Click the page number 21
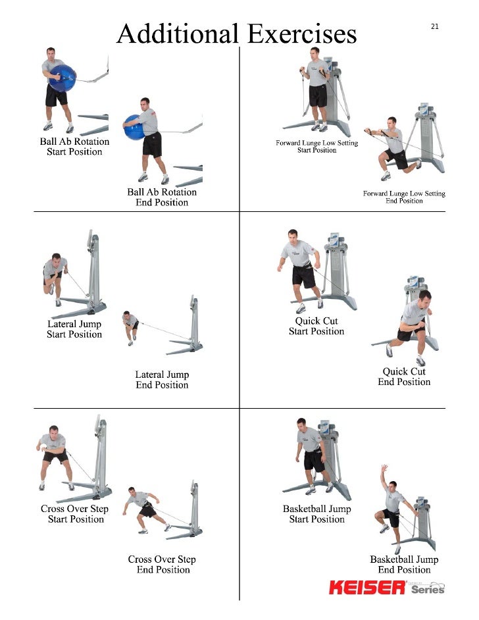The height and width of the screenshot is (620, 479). (434, 26)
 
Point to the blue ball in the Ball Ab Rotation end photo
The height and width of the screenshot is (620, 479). (135, 126)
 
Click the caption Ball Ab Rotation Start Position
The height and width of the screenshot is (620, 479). (74, 147)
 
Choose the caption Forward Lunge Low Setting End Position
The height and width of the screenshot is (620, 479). (404, 197)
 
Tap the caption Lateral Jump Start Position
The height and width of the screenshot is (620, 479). (74, 329)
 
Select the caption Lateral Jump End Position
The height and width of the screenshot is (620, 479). (162, 380)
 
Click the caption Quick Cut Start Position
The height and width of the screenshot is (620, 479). (316, 326)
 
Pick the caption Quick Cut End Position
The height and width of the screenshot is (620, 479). (404, 376)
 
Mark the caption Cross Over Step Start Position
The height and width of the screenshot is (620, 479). (74, 514)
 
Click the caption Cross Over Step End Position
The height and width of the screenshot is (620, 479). (162, 564)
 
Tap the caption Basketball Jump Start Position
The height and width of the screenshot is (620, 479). (316, 514)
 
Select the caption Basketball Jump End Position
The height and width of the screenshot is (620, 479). (404, 564)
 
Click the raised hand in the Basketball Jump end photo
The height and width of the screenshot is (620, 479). (384, 469)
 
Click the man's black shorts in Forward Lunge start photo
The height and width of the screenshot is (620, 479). (318, 96)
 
